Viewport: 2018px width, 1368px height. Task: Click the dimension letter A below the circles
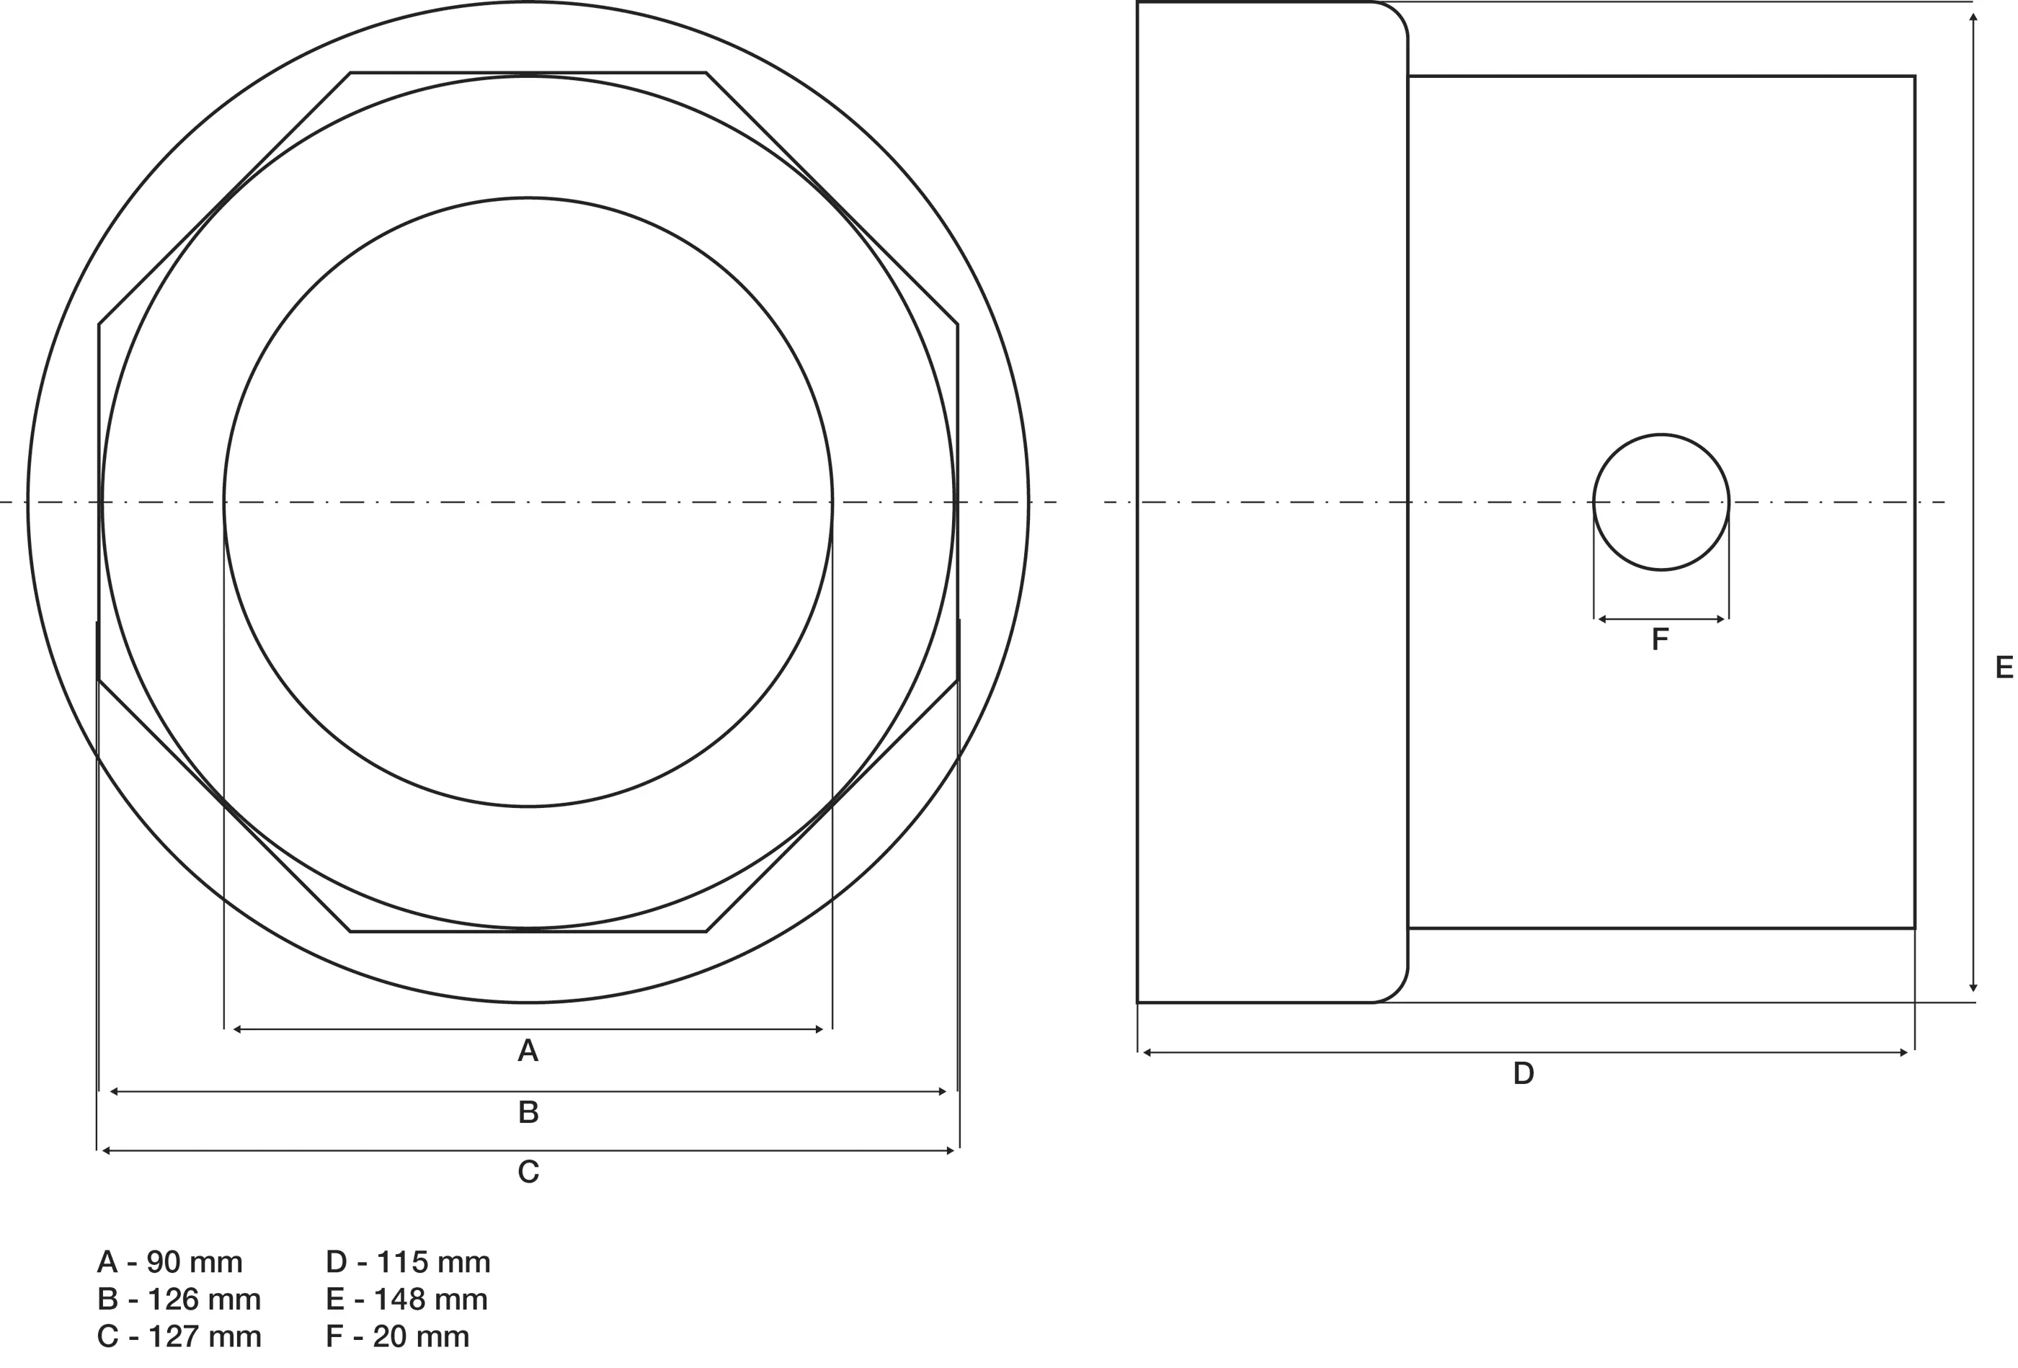pyautogui.click(x=528, y=1051)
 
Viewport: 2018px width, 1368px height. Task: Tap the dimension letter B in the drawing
pyautogui.click(x=528, y=1112)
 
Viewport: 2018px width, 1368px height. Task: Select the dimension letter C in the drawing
pyautogui.click(x=528, y=1173)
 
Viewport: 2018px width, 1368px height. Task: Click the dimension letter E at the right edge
pyautogui.click(x=2004, y=667)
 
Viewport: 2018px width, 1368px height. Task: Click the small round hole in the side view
pyautogui.click(x=1661, y=502)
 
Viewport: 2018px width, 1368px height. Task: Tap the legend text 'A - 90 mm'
pyautogui.click(x=170, y=1262)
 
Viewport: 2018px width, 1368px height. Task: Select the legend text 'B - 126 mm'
pyautogui.click(x=179, y=1300)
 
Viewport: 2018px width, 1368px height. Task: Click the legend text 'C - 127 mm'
pyautogui.click(x=179, y=1336)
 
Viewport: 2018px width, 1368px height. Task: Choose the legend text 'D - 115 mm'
pyautogui.click(x=408, y=1262)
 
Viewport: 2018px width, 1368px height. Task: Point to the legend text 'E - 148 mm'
pyautogui.click(x=406, y=1300)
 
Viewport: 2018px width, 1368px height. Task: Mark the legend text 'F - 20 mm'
pyautogui.click(x=398, y=1336)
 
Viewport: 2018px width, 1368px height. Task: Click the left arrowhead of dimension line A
pyautogui.click(x=236, y=1029)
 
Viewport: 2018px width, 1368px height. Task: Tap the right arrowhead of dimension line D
pyautogui.click(x=1904, y=1053)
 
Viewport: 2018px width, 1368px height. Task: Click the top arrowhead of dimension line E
pyautogui.click(x=1974, y=17)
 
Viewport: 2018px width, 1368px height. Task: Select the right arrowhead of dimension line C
pyautogui.click(x=951, y=1151)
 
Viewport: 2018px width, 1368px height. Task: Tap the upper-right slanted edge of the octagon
pyautogui.click(x=832, y=199)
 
